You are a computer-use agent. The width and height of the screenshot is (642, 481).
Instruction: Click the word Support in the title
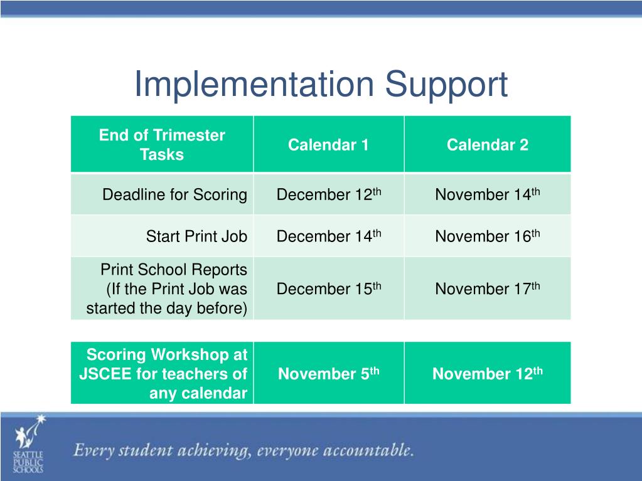[x=446, y=85]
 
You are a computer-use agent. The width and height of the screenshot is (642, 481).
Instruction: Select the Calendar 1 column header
[x=328, y=145]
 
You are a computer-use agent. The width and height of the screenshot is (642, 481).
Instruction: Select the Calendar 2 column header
[x=487, y=145]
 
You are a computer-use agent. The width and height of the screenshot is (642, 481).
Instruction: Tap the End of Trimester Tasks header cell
[x=162, y=145]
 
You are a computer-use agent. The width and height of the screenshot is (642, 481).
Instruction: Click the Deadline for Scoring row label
[x=174, y=194]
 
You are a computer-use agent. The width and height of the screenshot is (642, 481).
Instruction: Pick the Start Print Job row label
[x=196, y=236]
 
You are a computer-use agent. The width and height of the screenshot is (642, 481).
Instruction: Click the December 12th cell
[x=328, y=194]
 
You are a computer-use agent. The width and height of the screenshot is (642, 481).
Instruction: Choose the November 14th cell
[x=487, y=194]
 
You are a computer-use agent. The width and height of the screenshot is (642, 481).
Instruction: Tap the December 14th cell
[x=328, y=236]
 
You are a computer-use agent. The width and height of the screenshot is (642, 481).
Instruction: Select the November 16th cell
[x=487, y=236]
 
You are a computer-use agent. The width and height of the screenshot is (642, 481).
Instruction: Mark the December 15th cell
[x=328, y=288]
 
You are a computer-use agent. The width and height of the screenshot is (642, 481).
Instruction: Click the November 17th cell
[x=487, y=288]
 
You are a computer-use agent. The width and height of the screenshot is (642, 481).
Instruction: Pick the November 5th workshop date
[x=328, y=374]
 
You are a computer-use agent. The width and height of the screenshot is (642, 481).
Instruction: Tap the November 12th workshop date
[x=487, y=374]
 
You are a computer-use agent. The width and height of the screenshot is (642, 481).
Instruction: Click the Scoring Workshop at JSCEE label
[x=163, y=374]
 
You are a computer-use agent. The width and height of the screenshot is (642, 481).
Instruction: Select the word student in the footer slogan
[x=148, y=450]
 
